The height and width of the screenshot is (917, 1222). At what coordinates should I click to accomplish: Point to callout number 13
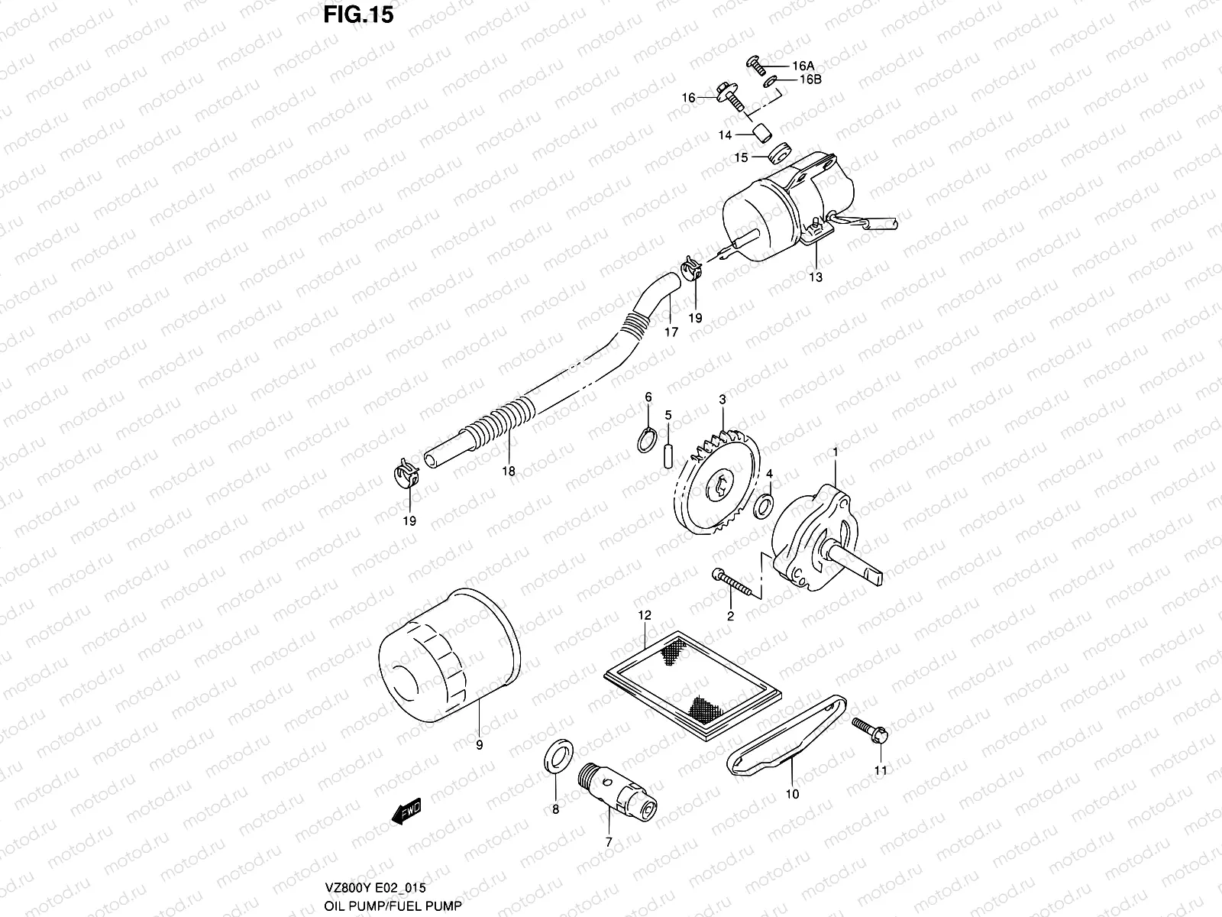[816, 277]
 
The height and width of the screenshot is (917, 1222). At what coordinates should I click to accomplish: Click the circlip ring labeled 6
[646, 441]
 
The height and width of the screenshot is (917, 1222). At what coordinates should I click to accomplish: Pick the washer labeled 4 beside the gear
[763, 505]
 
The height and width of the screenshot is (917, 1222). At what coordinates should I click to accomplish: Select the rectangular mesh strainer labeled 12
[692, 682]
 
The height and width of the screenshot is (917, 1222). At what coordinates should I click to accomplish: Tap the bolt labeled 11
[871, 730]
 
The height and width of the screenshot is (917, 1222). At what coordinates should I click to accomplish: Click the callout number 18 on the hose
[508, 471]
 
